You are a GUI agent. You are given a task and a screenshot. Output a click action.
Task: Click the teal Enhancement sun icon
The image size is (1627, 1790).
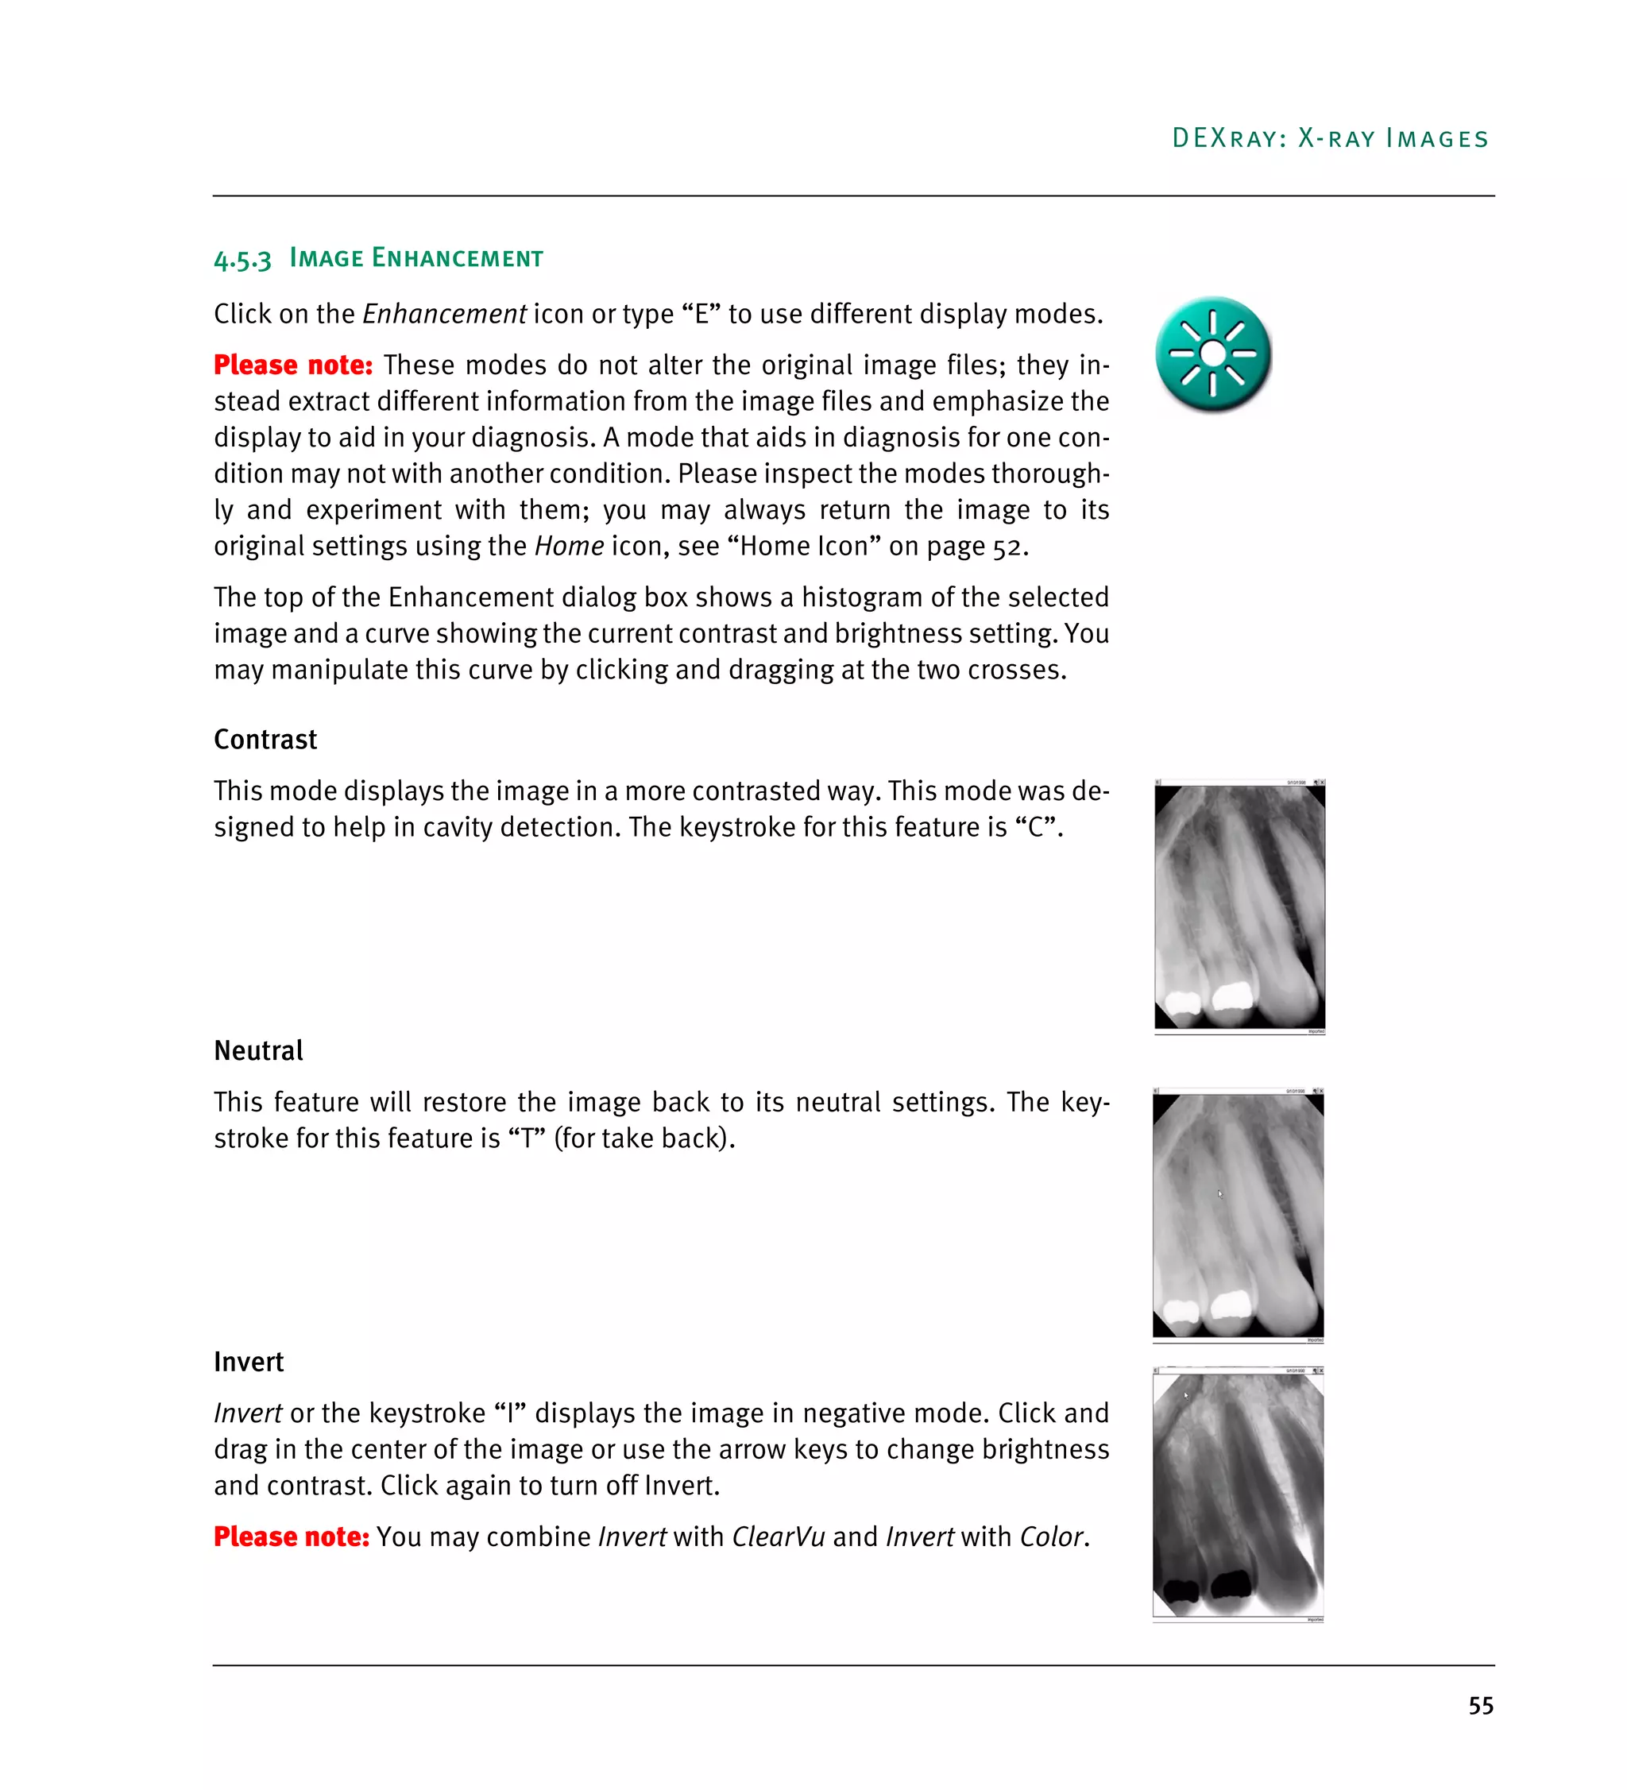[1212, 354]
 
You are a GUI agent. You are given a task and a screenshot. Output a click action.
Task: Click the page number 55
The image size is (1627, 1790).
[1480, 1706]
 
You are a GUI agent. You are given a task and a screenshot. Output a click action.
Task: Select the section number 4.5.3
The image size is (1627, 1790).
[242, 259]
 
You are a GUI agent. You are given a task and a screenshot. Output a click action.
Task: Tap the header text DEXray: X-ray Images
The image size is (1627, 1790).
[1330, 138]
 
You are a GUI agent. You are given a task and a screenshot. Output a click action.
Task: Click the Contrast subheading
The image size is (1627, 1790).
[265, 740]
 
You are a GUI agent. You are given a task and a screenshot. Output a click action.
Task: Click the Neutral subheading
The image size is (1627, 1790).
[258, 1050]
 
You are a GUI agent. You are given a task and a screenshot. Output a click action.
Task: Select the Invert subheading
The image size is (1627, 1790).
[249, 1362]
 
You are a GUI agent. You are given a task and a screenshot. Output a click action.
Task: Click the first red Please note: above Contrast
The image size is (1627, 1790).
[293, 365]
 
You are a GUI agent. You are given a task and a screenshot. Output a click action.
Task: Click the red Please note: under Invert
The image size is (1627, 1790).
[291, 1537]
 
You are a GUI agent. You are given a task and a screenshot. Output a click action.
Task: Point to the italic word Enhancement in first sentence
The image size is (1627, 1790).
[444, 315]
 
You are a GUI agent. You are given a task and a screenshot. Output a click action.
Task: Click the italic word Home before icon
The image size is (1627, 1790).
[568, 546]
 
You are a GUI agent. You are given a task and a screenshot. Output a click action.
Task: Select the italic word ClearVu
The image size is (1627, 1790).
[778, 1537]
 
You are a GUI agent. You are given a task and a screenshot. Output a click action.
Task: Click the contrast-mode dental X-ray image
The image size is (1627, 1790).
[1239, 907]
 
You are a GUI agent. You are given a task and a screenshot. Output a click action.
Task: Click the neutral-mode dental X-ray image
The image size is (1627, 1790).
[1238, 1216]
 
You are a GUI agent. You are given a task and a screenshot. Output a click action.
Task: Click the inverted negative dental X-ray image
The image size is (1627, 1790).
[1238, 1495]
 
